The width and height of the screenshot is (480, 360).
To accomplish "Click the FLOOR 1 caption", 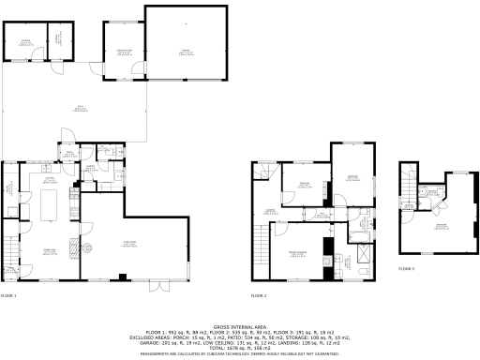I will [8, 295].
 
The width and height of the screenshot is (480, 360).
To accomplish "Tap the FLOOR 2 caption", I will [259, 295].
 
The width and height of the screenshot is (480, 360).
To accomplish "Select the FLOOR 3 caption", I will [405, 269].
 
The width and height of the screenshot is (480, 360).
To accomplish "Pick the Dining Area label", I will [40, 248].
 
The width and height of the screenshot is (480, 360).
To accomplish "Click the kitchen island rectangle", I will [50, 201].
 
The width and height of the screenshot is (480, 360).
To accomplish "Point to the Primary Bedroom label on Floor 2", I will [297, 254].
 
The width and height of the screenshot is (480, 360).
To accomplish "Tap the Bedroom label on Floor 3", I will [439, 225].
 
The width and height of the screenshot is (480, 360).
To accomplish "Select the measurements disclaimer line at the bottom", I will [240, 354].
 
